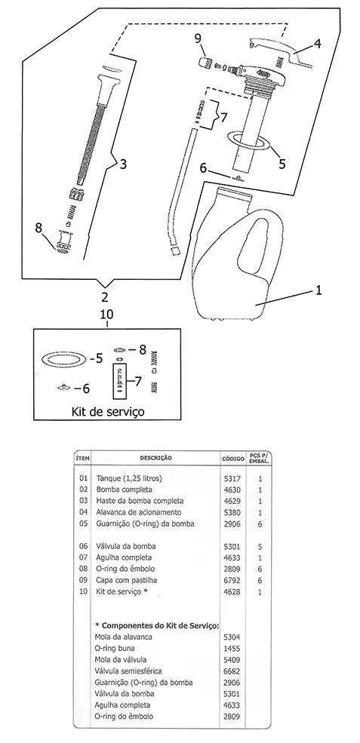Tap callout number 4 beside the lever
pyautogui.click(x=317, y=44)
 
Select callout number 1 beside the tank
pyautogui.click(x=318, y=290)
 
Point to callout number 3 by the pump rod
pyautogui.click(x=123, y=164)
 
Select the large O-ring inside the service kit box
pyautogui.click(x=63, y=358)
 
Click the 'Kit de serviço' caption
pyautogui.click(x=108, y=411)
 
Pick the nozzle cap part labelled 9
pyautogui.click(x=204, y=62)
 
